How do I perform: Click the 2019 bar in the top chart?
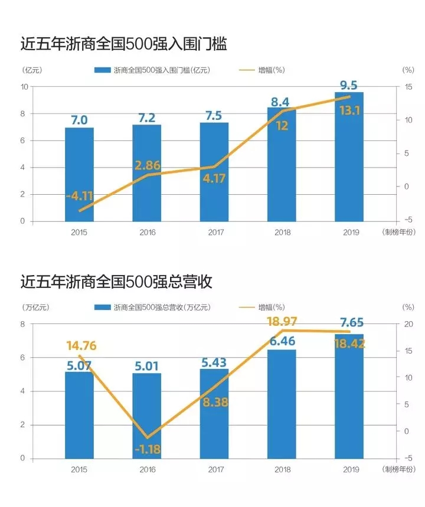(x=349, y=157)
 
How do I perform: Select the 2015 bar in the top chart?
(x=79, y=175)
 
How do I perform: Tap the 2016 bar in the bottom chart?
(x=147, y=416)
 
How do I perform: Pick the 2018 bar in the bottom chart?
(x=282, y=404)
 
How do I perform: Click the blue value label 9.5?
(x=349, y=86)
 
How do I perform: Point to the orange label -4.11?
(x=79, y=195)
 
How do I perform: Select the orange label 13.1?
(x=349, y=111)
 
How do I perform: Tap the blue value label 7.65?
(x=352, y=322)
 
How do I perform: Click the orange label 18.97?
(x=282, y=322)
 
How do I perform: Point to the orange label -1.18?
(x=148, y=449)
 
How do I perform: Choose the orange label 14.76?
(x=81, y=346)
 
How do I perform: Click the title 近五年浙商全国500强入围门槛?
(x=123, y=44)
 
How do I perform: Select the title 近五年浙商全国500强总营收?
(x=116, y=282)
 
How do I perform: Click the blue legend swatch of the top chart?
(x=103, y=70)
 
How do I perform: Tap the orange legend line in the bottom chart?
(x=247, y=307)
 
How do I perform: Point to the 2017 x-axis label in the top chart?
(x=215, y=232)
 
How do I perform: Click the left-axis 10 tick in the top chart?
(x=24, y=87)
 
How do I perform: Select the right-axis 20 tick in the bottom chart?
(x=408, y=324)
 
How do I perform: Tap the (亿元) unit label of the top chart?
(x=32, y=70)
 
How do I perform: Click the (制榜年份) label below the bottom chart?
(x=398, y=469)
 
